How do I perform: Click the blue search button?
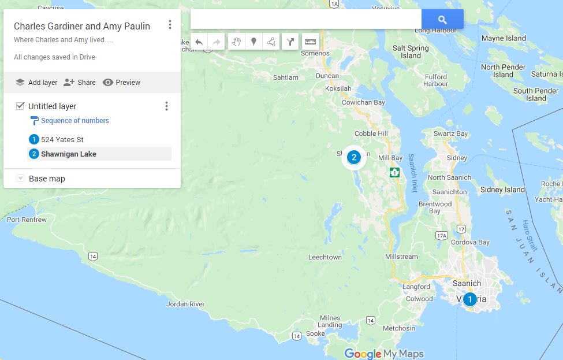[x=442, y=19]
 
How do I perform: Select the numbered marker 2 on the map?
[x=354, y=157]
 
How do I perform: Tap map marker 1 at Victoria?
[x=469, y=299]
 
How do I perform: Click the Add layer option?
[x=36, y=82]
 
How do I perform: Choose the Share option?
[x=80, y=82]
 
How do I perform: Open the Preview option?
[x=121, y=82]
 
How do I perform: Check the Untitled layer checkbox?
[x=20, y=106]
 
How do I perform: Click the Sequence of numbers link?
[x=74, y=121]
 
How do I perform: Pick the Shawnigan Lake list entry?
[x=68, y=154]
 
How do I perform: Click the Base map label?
[x=47, y=179]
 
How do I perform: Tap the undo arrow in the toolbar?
[x=199, y=42]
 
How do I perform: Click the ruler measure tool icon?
[x=311, y=42]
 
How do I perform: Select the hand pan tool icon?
[x=236, y=42]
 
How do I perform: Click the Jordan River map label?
[x=185, y=304]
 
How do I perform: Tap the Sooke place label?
[x=315, y=333]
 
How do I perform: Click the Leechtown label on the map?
[x=325, y=257]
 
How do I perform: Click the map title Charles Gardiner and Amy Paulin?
[x=82, y=26]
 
